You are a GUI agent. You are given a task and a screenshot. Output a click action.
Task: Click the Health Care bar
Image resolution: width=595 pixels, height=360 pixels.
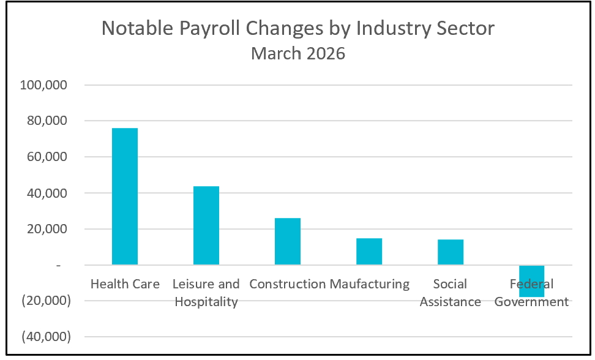(x=125, y=196)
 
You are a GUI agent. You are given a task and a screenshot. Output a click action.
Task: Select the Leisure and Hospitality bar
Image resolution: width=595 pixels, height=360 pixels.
(x=206, y=225)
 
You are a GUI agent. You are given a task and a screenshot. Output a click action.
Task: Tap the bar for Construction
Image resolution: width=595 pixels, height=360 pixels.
(x=288, y=241)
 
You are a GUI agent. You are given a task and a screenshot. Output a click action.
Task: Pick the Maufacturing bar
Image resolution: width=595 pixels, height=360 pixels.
(x=369, y=252)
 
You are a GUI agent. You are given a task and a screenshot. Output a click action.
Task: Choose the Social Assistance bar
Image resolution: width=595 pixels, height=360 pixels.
(x=451, y=252)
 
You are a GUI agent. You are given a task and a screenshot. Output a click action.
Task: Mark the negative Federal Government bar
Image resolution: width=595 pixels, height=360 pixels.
(x=532, y=281)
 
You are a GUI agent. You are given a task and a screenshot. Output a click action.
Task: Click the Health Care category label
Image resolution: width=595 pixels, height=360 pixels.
(x=125, y=284)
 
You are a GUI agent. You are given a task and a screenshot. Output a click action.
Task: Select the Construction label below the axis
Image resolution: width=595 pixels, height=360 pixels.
(x=288, y=284)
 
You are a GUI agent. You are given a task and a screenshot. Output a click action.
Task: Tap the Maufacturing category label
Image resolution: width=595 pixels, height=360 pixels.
(x=370, y=284)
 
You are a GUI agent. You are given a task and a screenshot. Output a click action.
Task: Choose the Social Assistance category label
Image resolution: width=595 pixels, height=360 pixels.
(x=451, y=293)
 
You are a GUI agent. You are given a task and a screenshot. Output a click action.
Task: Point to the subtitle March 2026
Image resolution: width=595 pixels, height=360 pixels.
(x=298, y=54)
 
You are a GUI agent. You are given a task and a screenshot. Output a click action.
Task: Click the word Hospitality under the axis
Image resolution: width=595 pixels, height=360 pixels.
(x=206, y=302)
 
